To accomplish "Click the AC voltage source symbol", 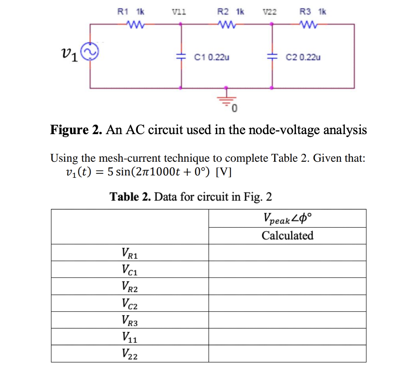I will [90, 56].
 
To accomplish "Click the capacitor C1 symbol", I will [181, 56].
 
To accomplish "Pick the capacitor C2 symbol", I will [273, 56].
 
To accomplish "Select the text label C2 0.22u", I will [303, 57].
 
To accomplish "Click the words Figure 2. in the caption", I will [76, 130].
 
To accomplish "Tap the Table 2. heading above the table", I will [130, 196].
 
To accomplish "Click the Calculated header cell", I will [287, 236].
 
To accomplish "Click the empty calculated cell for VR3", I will [287, 320].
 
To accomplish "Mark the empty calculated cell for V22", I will [287, 354].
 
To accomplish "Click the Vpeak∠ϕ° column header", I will [287, 218].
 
